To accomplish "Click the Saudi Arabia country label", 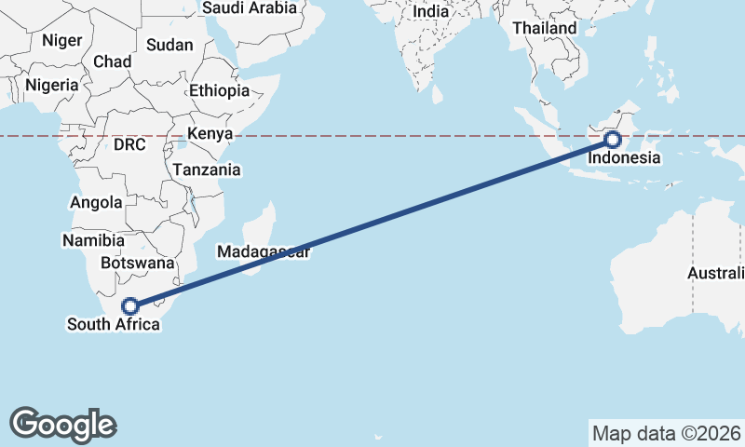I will coord(250,8).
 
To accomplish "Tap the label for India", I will coord(430,12).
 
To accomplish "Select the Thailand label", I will coord(545,29).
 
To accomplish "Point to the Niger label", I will coord(62,41).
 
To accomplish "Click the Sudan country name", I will coord(170,45).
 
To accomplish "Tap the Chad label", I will coord(113,61).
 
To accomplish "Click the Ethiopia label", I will coord(219,91).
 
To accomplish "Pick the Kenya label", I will coord(210,134).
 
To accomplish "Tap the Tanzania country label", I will coord(207,170).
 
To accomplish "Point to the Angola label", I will coord(96,202).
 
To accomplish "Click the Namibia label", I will coord(92,241).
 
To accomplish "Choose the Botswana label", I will coord(137,264).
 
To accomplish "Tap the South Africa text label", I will coord(113,324).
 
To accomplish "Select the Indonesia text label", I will coord(624,158).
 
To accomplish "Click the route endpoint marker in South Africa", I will coord(130,305).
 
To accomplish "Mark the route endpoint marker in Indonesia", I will coord(612,141).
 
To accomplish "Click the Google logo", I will coord(63,424).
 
